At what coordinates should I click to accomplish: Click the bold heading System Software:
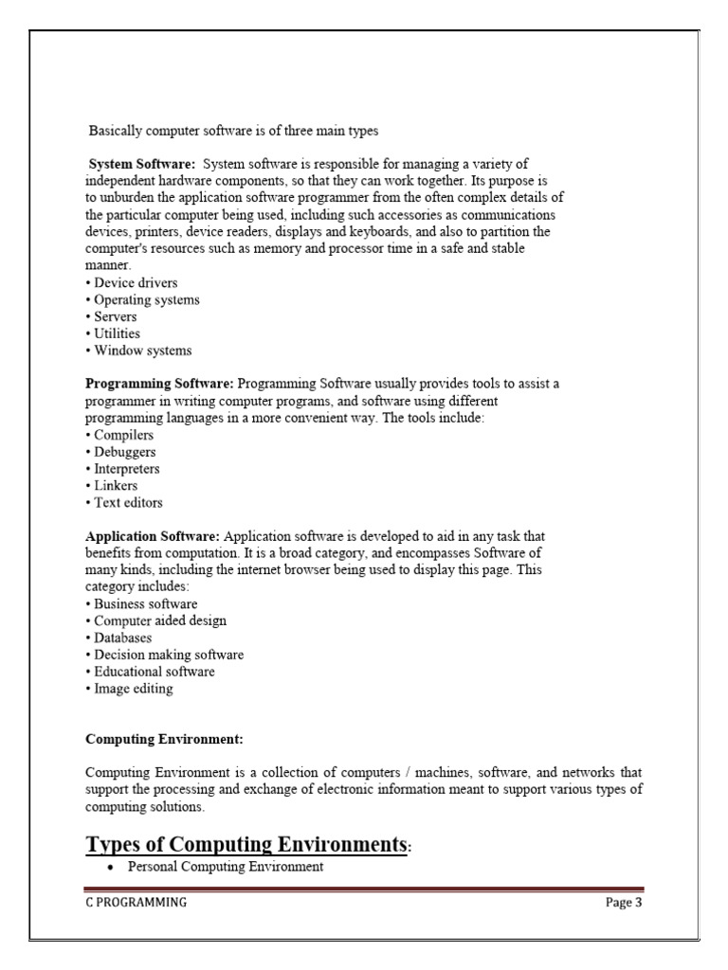pyautogui.click(x=142, y=164)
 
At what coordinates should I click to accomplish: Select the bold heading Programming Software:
pyautogui.click(x=159, y=384)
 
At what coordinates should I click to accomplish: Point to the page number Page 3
pyautogui.click(x=624, y=903)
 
